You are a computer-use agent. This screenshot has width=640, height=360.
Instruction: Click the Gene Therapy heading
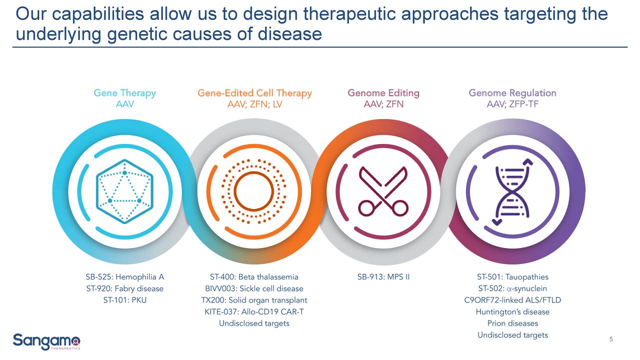124,93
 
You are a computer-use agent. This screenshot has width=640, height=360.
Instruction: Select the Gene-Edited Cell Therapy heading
254,93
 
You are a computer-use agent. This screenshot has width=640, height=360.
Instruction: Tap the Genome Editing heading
383,93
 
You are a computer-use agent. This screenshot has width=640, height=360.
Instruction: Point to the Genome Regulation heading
512,93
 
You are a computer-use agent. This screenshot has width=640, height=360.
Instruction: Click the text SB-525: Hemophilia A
124,277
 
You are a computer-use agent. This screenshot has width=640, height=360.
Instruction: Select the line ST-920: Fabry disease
124,288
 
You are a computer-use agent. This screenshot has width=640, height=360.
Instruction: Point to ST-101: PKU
124,300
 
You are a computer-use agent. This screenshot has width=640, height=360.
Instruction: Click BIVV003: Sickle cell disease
254,288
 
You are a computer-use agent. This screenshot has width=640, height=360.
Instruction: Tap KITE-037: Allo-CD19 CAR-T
254,312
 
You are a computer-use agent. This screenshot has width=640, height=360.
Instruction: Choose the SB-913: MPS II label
383,277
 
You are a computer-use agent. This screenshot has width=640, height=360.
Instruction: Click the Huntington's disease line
512,312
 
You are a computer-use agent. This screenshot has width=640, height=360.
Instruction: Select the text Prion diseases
512,323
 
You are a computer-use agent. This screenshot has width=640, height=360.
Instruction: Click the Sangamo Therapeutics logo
46,341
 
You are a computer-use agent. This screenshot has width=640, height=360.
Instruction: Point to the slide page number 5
611,340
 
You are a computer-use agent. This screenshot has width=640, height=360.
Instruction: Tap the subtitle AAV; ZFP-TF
512,104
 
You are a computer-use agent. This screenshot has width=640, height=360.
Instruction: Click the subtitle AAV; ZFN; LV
254,104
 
